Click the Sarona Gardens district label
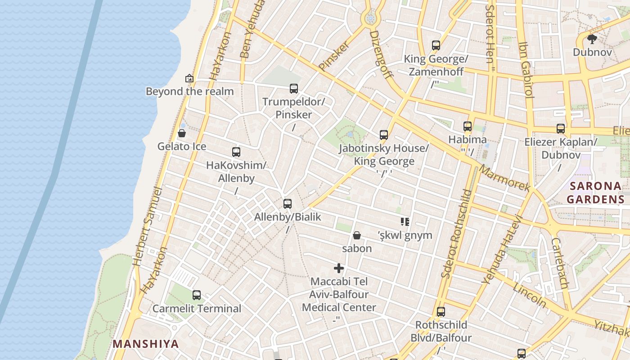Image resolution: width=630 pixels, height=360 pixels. [x=595, y=193]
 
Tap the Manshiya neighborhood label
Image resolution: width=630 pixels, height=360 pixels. [x=145, y=344]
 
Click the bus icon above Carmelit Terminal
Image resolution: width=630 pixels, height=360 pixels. [x=197, y=295]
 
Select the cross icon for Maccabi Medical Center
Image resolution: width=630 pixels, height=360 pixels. [x=339, y=269]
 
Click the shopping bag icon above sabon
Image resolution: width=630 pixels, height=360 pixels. [x=357, y=235]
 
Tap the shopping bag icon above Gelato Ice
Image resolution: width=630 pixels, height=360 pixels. [x=182, y=133]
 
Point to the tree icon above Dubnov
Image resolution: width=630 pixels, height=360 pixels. [x=592, y=39]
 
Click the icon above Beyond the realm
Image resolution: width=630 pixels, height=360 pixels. [x=189, y=78]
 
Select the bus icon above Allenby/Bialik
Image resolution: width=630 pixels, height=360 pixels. [x=288, y=204]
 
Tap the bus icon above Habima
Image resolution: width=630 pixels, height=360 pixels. [x=468, y=126]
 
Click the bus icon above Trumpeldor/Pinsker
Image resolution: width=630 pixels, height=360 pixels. [x=294, y=89]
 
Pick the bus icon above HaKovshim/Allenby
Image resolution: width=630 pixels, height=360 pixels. [x=236, y=152]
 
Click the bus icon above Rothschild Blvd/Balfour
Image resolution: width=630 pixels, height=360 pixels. [x=441, y=312]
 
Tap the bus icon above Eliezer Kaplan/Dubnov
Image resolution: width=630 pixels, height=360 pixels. [x=560, y=129]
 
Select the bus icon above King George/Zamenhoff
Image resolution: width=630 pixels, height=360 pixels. [x=436, y=45]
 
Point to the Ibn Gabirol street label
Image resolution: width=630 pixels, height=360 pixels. [x=526, y=70]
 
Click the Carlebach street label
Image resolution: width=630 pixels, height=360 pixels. [x=559, y=263]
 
